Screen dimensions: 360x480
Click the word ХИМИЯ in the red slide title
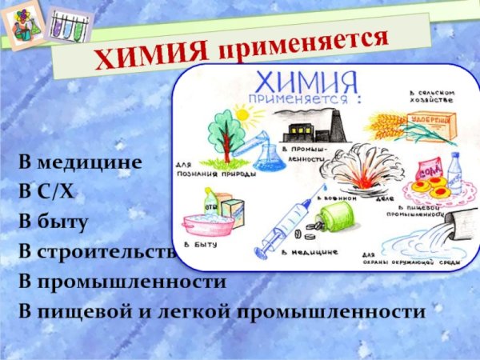point(152,54)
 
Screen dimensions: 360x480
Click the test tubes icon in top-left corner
point(67,26)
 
